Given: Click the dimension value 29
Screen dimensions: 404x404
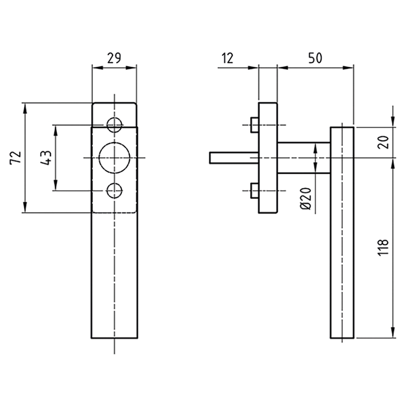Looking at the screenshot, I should point(114,58).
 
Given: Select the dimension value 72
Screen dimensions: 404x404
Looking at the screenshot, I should point(15,158).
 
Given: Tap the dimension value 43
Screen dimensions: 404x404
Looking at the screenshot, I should point(45,158).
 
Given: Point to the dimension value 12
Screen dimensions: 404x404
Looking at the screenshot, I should point(227,58).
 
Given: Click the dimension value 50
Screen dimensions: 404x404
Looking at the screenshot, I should point(315,58).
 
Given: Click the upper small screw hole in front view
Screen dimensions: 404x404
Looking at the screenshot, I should point(115,124).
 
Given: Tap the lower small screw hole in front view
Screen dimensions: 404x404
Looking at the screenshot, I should point(115,190).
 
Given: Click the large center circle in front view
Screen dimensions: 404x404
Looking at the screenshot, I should point(115,158).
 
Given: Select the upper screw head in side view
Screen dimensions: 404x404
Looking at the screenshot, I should point(254,124).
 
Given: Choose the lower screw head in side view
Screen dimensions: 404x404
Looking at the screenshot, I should point(254,190).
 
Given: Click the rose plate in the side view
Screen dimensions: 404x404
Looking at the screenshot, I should point(268,158).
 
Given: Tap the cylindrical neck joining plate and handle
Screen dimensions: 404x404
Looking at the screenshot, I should point(303,158).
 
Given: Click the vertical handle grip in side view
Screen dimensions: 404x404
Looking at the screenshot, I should point(342,232).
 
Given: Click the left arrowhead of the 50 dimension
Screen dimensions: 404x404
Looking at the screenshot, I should point(281,67).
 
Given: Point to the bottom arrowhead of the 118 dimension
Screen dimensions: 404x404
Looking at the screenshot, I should point(392,334).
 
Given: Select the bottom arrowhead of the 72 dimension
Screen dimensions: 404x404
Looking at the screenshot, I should point(24,209).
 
